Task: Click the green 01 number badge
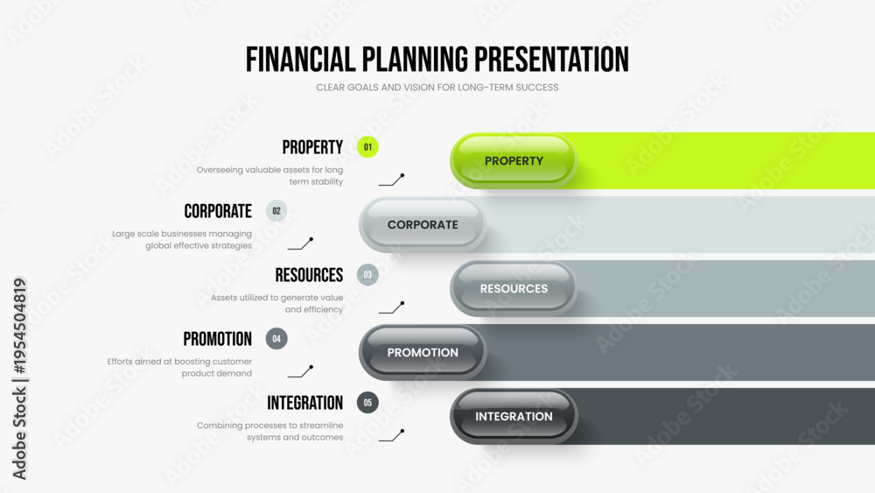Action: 367,147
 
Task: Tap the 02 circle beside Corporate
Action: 276,211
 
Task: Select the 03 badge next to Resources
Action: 367,275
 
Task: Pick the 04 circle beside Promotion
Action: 276,338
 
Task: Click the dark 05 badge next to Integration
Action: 367,403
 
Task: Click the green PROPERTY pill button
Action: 514,161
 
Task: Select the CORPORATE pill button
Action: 423,224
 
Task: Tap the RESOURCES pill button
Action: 514,289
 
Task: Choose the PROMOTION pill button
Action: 423,352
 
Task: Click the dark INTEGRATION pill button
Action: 514,417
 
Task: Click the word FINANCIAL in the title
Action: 301,60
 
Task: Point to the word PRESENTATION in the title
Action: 551,60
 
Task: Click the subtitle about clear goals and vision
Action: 437,88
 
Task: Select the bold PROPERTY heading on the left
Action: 312,147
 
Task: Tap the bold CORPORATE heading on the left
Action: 218,211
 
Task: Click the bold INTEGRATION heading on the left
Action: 304,403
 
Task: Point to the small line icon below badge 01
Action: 392,180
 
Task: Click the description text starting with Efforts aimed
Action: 179,368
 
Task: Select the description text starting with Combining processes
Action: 269,431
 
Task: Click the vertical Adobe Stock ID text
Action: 19,378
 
